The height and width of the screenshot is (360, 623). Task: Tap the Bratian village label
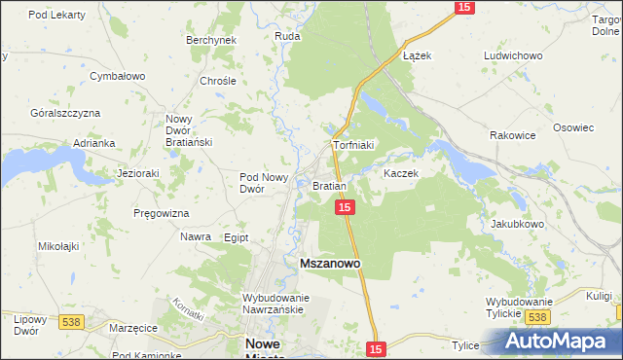click(328, 185)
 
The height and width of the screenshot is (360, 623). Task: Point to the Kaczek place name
click(400, 173)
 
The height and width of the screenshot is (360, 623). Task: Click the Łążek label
click(417, 55)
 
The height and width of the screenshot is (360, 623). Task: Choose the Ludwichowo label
click(512, 55)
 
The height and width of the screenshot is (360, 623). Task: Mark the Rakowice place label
click(513, 135)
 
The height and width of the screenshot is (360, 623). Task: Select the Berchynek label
click(211, 40)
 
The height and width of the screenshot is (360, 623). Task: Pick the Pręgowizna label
click(162, 212)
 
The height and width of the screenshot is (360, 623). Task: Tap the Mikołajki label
click(58, 247)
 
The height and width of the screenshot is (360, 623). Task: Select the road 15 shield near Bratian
click(344, 208)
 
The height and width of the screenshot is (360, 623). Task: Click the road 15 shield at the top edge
click(463, 7)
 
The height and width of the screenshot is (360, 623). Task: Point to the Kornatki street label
click(189, 309)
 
